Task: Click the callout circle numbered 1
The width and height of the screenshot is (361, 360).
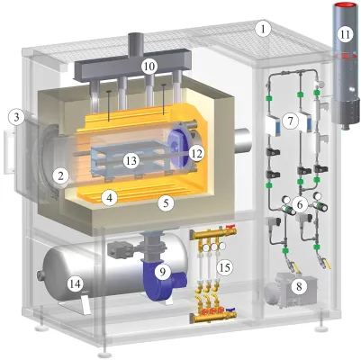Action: point(263,29)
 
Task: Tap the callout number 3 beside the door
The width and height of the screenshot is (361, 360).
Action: point(16,117)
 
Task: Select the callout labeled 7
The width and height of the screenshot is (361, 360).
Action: point(290,121)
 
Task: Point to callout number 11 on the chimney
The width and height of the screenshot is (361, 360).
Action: point(345,34)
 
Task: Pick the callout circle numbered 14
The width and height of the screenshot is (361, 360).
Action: point(75,283)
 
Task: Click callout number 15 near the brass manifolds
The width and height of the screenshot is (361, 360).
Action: point(225,266)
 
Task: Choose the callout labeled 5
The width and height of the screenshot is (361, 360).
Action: point(166,204)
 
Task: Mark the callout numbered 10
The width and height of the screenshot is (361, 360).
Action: point(149,66)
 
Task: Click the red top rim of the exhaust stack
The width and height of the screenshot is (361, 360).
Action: point(346,5)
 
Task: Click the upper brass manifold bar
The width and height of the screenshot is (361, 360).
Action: point(213,234)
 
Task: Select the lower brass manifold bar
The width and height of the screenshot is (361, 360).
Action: point(213,317)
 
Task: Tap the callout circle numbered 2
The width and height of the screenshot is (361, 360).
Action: point(60,176)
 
